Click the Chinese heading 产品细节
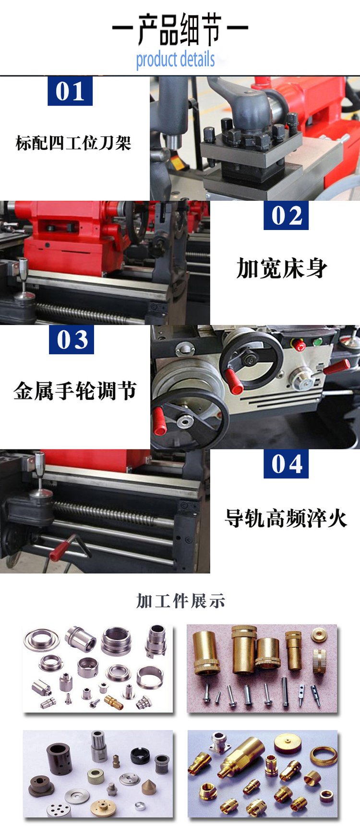[x=180, y=29]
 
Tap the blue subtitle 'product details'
[x=175, y=60]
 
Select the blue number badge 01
[x=70, y=91]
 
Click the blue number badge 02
[x=286, y=215]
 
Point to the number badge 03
[x=72, y=339]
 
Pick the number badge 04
[x=286, y=463]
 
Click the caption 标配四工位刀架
[x=73, y=143]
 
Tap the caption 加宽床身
[x=282, y=268]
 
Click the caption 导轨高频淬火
[x=286, y=518]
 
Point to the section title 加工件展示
[x=180, y=601]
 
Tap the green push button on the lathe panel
[x=317, y=342]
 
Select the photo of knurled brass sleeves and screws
[x=262, y=668]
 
